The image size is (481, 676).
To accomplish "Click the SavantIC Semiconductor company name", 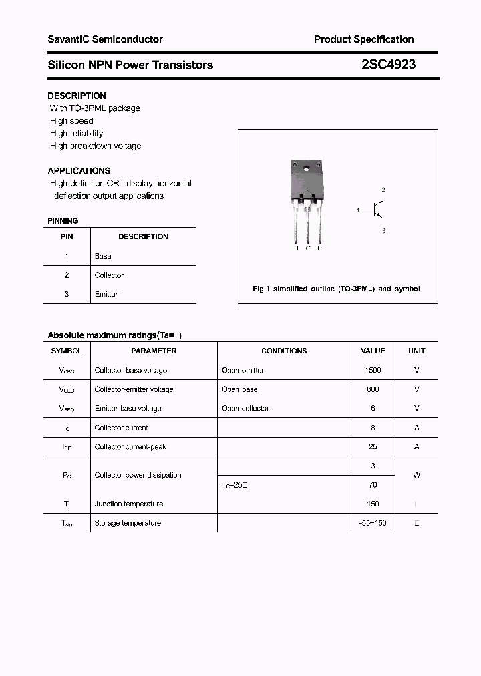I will point(105,39).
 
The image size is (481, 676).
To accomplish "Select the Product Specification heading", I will point(363,39).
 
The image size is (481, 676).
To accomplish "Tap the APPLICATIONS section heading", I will point(79,170).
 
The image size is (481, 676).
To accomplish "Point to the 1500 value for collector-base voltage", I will point(373,370).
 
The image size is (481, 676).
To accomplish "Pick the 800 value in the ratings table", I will point(373,389).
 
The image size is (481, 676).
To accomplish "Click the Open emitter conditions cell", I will point(243,370).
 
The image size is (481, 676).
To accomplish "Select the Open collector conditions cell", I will point(245,408).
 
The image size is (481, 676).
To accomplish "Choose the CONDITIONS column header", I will point(284,351).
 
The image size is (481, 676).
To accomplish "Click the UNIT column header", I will point(416,351).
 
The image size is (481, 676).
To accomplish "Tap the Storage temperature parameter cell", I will point(128,523).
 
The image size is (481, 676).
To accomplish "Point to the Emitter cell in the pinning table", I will point(106,294).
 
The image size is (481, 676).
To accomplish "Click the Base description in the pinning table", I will point(103,256).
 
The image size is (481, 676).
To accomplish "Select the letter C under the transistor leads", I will point(308,248).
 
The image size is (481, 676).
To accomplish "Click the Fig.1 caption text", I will point(336,289).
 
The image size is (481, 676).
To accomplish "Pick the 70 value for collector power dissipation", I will point(373,485).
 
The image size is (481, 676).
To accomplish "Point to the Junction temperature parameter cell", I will point(129,504).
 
